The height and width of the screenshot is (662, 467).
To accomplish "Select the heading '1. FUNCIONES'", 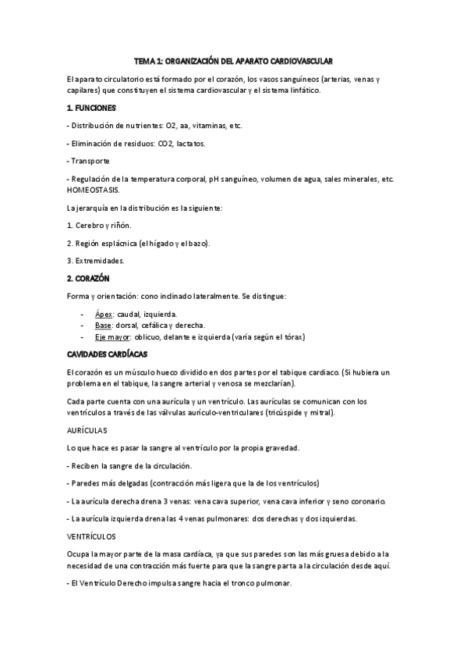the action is (x=92, y=107).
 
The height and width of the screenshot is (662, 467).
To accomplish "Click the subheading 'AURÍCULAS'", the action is (x=87, y=430).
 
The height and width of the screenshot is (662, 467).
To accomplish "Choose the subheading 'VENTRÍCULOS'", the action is (x=92, y=536).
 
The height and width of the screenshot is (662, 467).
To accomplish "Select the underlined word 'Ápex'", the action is (x=104, y=314).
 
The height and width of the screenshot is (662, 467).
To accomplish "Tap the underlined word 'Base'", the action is (x=104, y=326).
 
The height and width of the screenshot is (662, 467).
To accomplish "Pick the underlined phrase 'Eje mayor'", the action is (x=114, y=337).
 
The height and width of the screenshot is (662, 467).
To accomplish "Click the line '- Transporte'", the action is (x=89, y=161).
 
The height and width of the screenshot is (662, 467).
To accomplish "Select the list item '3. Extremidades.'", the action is (x=96, y=261).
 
